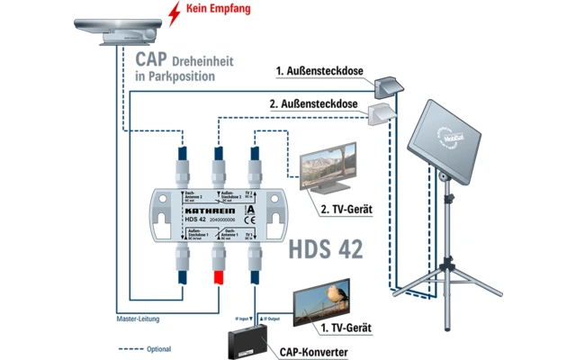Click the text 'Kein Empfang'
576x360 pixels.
tap(220, 10)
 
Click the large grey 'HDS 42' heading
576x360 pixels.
tap(327, 247)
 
